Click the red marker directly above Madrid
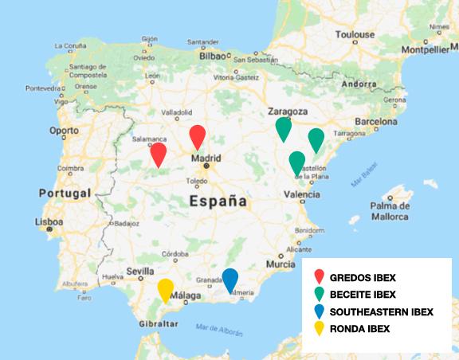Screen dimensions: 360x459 point(198,136)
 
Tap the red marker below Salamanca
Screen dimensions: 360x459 point(159,154)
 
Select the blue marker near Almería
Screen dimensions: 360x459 point(230,280)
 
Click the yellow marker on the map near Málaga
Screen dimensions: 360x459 point(166,290)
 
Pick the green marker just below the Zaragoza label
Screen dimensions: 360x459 point(283,127)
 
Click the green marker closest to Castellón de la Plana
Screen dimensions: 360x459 point(297,162)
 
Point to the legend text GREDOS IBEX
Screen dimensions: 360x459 point(363,278)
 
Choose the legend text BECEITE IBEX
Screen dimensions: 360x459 point(363,295)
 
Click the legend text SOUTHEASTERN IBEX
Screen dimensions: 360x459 point(381,311)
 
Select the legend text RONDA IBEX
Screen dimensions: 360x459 point(359,328)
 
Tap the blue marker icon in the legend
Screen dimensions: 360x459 point(318,311)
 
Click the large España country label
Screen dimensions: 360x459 point(218,202)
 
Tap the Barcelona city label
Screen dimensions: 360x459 point(376,122)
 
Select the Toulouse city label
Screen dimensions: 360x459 point(354,34)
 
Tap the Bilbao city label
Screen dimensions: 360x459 point(213,57)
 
